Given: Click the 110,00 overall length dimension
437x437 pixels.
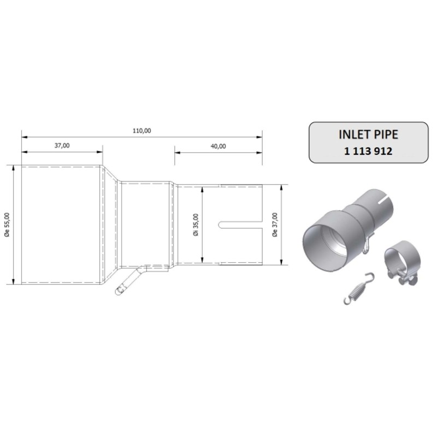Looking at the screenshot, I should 141,131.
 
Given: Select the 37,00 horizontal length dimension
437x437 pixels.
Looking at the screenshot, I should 62,145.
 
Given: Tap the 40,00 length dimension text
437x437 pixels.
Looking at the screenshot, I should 218,146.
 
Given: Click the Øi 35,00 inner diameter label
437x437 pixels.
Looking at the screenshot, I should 196,225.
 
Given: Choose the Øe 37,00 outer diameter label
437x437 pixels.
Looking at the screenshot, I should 274,225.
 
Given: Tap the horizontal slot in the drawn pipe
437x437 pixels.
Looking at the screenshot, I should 240,225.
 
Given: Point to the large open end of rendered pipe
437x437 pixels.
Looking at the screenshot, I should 324,240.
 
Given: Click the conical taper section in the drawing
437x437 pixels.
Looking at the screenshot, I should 111,225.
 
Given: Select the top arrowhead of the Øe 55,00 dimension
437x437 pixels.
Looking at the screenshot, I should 13,167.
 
